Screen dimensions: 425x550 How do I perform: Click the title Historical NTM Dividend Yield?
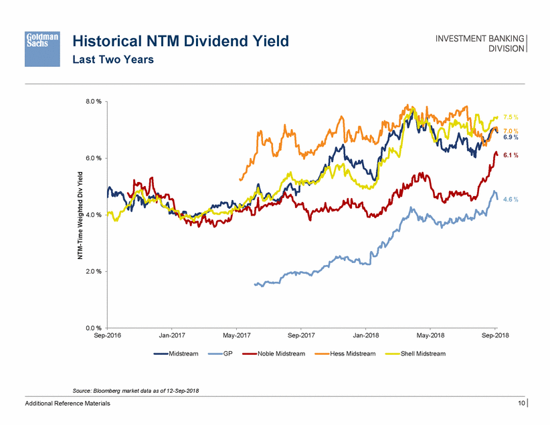point(181,41)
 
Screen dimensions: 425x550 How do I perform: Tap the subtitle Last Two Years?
point(113,60)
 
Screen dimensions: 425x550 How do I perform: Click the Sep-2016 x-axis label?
point(108,335)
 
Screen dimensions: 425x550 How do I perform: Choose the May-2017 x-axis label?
point(237,335)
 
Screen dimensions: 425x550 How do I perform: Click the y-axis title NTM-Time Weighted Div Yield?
point(79,215)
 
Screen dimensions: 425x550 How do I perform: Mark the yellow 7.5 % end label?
point(511,117)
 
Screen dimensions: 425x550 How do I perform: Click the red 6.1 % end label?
point(511,155)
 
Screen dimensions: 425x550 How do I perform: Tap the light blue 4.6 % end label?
point(511,199)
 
